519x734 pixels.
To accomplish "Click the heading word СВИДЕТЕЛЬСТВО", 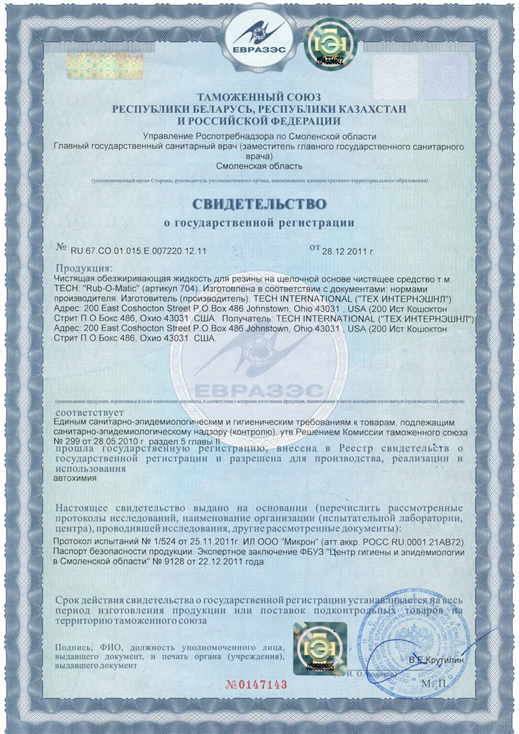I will click(259, 204).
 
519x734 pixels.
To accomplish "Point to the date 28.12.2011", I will click(344, 251).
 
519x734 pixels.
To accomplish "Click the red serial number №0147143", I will click(256, 685).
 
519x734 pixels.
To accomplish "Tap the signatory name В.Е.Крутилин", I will click(436, 660).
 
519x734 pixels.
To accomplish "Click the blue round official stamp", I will click(404, 643).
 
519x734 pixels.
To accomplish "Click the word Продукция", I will click(84, 268).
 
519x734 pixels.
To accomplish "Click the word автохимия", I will click(75, 478).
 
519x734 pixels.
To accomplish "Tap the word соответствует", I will click(89, 412).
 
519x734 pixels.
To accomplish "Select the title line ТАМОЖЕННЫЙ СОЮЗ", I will click(259, 97).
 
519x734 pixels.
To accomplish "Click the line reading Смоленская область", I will click(259, 166).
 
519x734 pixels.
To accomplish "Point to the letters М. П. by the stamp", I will click(434, 683).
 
